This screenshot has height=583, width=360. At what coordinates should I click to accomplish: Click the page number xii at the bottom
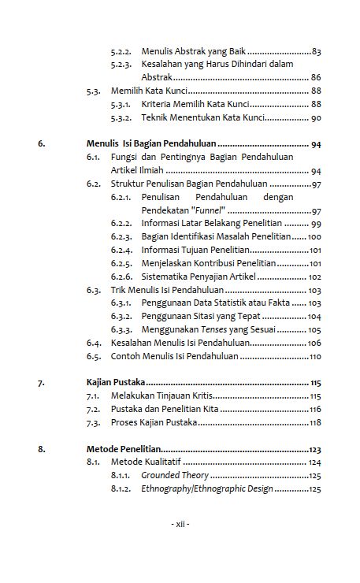point(180,523)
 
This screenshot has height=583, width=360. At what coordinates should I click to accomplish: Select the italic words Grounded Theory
point(174,476)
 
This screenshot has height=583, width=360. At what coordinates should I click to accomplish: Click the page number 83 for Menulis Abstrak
point(316,51)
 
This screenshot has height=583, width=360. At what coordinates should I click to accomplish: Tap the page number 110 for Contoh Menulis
point(314,356)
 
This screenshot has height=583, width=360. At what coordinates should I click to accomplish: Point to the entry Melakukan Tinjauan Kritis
point(161,395)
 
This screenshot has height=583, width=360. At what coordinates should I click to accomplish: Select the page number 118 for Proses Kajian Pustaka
point(314,422)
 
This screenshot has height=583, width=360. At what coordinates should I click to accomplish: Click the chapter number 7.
point(41,382)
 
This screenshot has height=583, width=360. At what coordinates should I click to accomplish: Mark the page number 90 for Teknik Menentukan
point(316,117)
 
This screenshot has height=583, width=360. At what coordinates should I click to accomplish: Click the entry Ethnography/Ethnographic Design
point(206,488)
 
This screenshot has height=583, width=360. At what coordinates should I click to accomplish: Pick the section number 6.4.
point(95,343)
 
